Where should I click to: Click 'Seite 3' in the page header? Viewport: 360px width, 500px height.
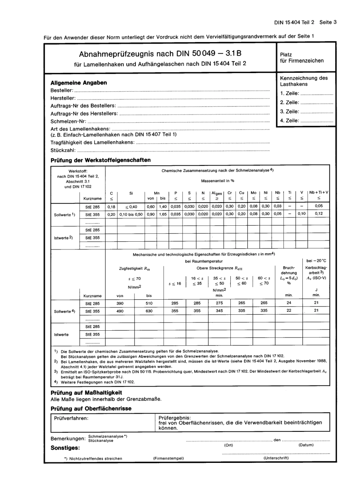point(328,22)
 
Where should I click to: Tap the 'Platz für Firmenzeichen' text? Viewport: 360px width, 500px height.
point(302,58)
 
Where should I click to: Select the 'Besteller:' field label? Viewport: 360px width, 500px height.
point(61,91)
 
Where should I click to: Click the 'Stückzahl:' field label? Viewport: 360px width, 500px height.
point(63,150)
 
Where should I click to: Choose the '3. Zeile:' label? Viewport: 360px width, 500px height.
point(290,112)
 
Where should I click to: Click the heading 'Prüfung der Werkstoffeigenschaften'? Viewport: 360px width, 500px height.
point(100,160)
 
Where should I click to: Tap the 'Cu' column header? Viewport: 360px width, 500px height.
point(242,193)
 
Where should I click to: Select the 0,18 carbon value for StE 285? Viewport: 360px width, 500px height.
point(111,207)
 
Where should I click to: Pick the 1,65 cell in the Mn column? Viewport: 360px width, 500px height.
point(163,214)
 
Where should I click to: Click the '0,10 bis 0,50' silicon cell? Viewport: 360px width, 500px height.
point(131,214)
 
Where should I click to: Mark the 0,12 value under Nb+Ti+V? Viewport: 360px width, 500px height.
point(319,214)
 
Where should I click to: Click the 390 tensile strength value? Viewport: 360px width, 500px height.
point(120,303)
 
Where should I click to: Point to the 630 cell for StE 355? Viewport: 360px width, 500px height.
point(149,311)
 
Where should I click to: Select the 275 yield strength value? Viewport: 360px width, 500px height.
point(219,303)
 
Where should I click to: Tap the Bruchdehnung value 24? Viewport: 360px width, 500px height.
point(289,303)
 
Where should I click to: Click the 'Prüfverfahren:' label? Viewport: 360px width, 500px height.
point(71,418)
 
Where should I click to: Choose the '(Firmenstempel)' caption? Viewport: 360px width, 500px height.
point(168,458)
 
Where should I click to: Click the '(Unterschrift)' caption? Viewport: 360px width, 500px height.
point(276,458)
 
